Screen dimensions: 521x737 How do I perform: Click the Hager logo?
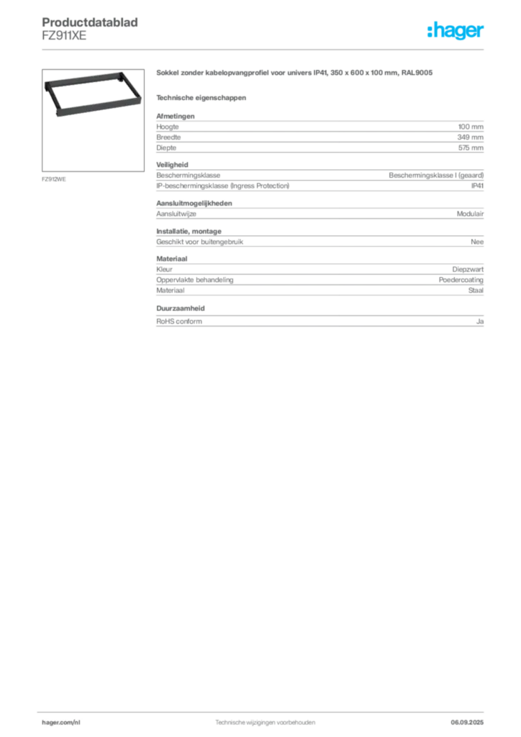[456, 30]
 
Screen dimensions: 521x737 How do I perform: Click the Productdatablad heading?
[90, 22]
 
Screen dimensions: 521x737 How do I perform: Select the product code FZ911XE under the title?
[64, 36]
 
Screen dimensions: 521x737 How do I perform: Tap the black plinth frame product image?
[93, 94]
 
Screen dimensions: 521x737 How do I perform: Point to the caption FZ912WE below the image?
[53, 179]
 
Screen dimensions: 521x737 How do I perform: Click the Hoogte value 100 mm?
[471, 127]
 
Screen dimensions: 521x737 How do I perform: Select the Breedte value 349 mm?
[470, 137]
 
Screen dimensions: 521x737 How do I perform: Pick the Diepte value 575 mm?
[471, 148]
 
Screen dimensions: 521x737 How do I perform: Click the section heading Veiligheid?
[172, 165]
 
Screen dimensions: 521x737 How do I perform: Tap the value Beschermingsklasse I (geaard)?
[436, 176]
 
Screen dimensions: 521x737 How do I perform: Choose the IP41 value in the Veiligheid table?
[477, 186]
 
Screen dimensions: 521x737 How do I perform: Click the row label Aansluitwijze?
[176, 214]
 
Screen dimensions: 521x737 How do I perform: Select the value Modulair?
[470, 214]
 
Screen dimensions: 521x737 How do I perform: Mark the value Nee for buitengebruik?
[477, 242]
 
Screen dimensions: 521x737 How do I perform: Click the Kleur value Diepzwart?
[468, 269]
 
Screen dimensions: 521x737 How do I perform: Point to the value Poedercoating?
[461, 280]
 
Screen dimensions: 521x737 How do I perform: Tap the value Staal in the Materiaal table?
[476, 291]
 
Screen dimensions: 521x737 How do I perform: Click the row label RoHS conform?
[179, 322]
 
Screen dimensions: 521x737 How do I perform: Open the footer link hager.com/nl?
[61, 723]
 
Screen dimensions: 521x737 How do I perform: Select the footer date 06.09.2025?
[467, 723]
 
